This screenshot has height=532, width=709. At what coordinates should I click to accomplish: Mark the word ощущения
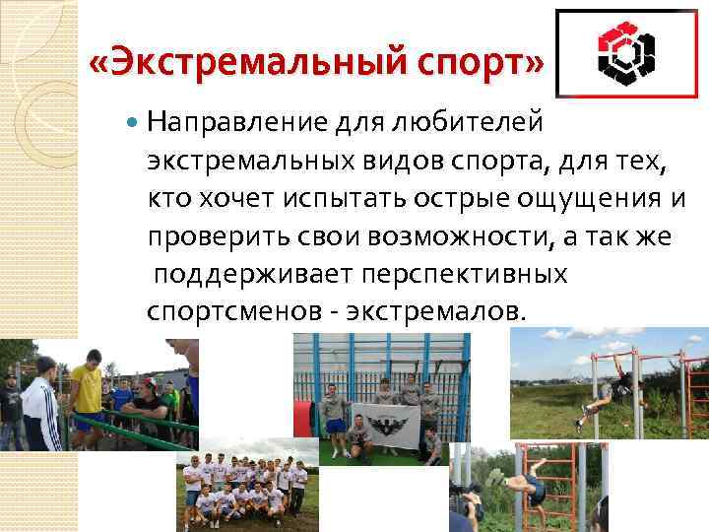click(x=589, y=198)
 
